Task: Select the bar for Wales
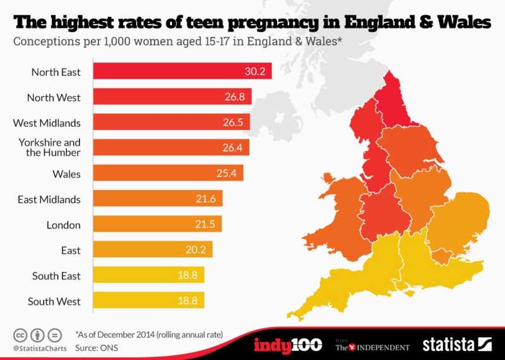click(x=168, y=173)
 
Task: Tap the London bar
click(x=157, y=224)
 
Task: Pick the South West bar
click(x=149, y=301)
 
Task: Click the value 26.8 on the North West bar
click(x=238, y=97)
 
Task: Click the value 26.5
click(x=237, y=122)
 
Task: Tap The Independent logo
click(x=372, y=346)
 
